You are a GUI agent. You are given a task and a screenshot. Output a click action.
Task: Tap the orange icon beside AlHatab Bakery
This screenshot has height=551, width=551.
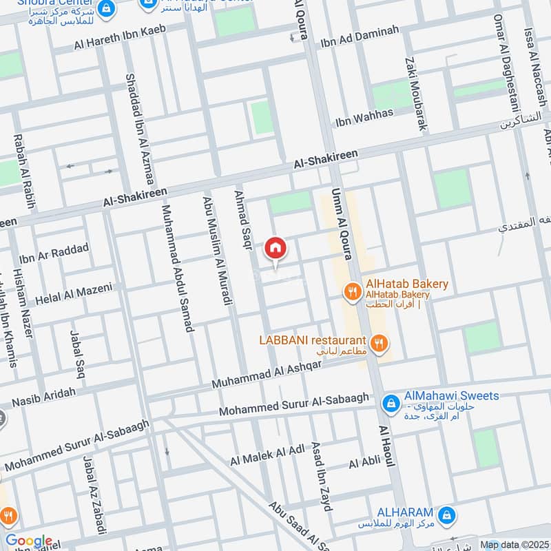pos(352,291)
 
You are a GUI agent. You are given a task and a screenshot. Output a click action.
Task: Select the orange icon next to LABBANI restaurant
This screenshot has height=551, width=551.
pos(377,342)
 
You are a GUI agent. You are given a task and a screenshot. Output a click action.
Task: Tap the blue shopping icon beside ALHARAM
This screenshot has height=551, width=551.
pos(446,514)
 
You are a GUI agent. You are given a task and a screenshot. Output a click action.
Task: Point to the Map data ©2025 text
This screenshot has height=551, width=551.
pos(514,545)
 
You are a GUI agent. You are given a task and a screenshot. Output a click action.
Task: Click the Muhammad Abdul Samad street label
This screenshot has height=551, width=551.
pos(176,268)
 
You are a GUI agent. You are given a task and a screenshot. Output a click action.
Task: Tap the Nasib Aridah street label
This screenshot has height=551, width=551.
pos(44,397)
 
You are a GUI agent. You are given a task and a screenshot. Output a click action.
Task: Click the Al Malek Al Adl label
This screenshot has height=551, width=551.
pos(267,455)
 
